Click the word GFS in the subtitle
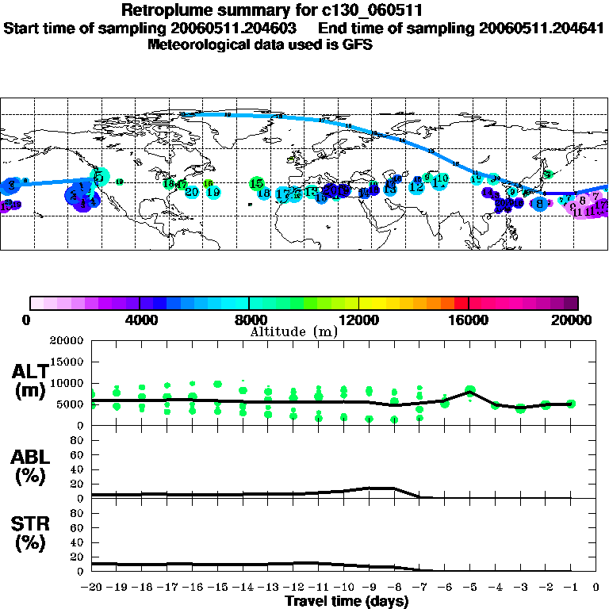coord(356,44)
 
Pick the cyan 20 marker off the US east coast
coord(192,192)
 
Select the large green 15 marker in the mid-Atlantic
coord(256,183)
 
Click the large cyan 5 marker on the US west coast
coord(99,176)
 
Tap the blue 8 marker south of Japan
coord(540,204)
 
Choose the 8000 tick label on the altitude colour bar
coord(250,320)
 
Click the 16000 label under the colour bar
coord(469,320)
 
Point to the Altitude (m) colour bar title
coord(294,331)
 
